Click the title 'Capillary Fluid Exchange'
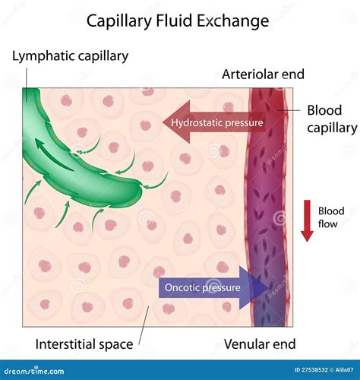178,21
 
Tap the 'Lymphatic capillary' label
71,55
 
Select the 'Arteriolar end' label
263,74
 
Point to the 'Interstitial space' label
84,344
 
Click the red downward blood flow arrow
307,220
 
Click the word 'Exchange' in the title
233,21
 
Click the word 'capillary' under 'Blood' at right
332,128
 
